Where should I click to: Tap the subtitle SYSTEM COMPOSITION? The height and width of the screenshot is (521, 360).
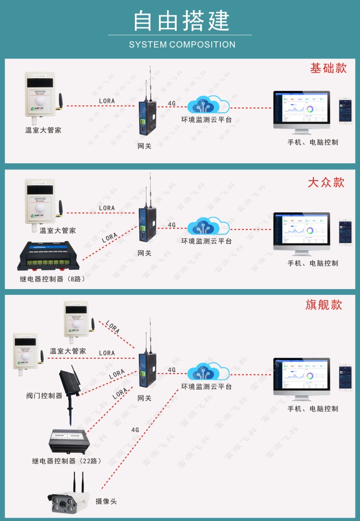[x=182, y=45]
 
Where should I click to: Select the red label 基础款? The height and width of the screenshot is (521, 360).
[x=328, y=68]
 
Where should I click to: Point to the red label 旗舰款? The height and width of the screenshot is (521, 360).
[x=324, y=305]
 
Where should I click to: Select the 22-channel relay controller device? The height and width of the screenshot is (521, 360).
[x=71, y=442]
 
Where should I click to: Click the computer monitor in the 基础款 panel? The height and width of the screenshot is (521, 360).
[x=301, y=111]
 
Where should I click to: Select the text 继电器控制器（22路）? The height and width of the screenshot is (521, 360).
[x=67, y=461]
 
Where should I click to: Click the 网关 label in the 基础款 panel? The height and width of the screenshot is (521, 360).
[x=144, y=146]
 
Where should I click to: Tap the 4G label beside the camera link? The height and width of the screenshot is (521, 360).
[x=135, y=430]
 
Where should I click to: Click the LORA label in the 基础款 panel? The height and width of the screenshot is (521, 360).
[x=107, y=101]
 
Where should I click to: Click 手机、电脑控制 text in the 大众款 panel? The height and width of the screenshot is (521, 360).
[x=312, y=263]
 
